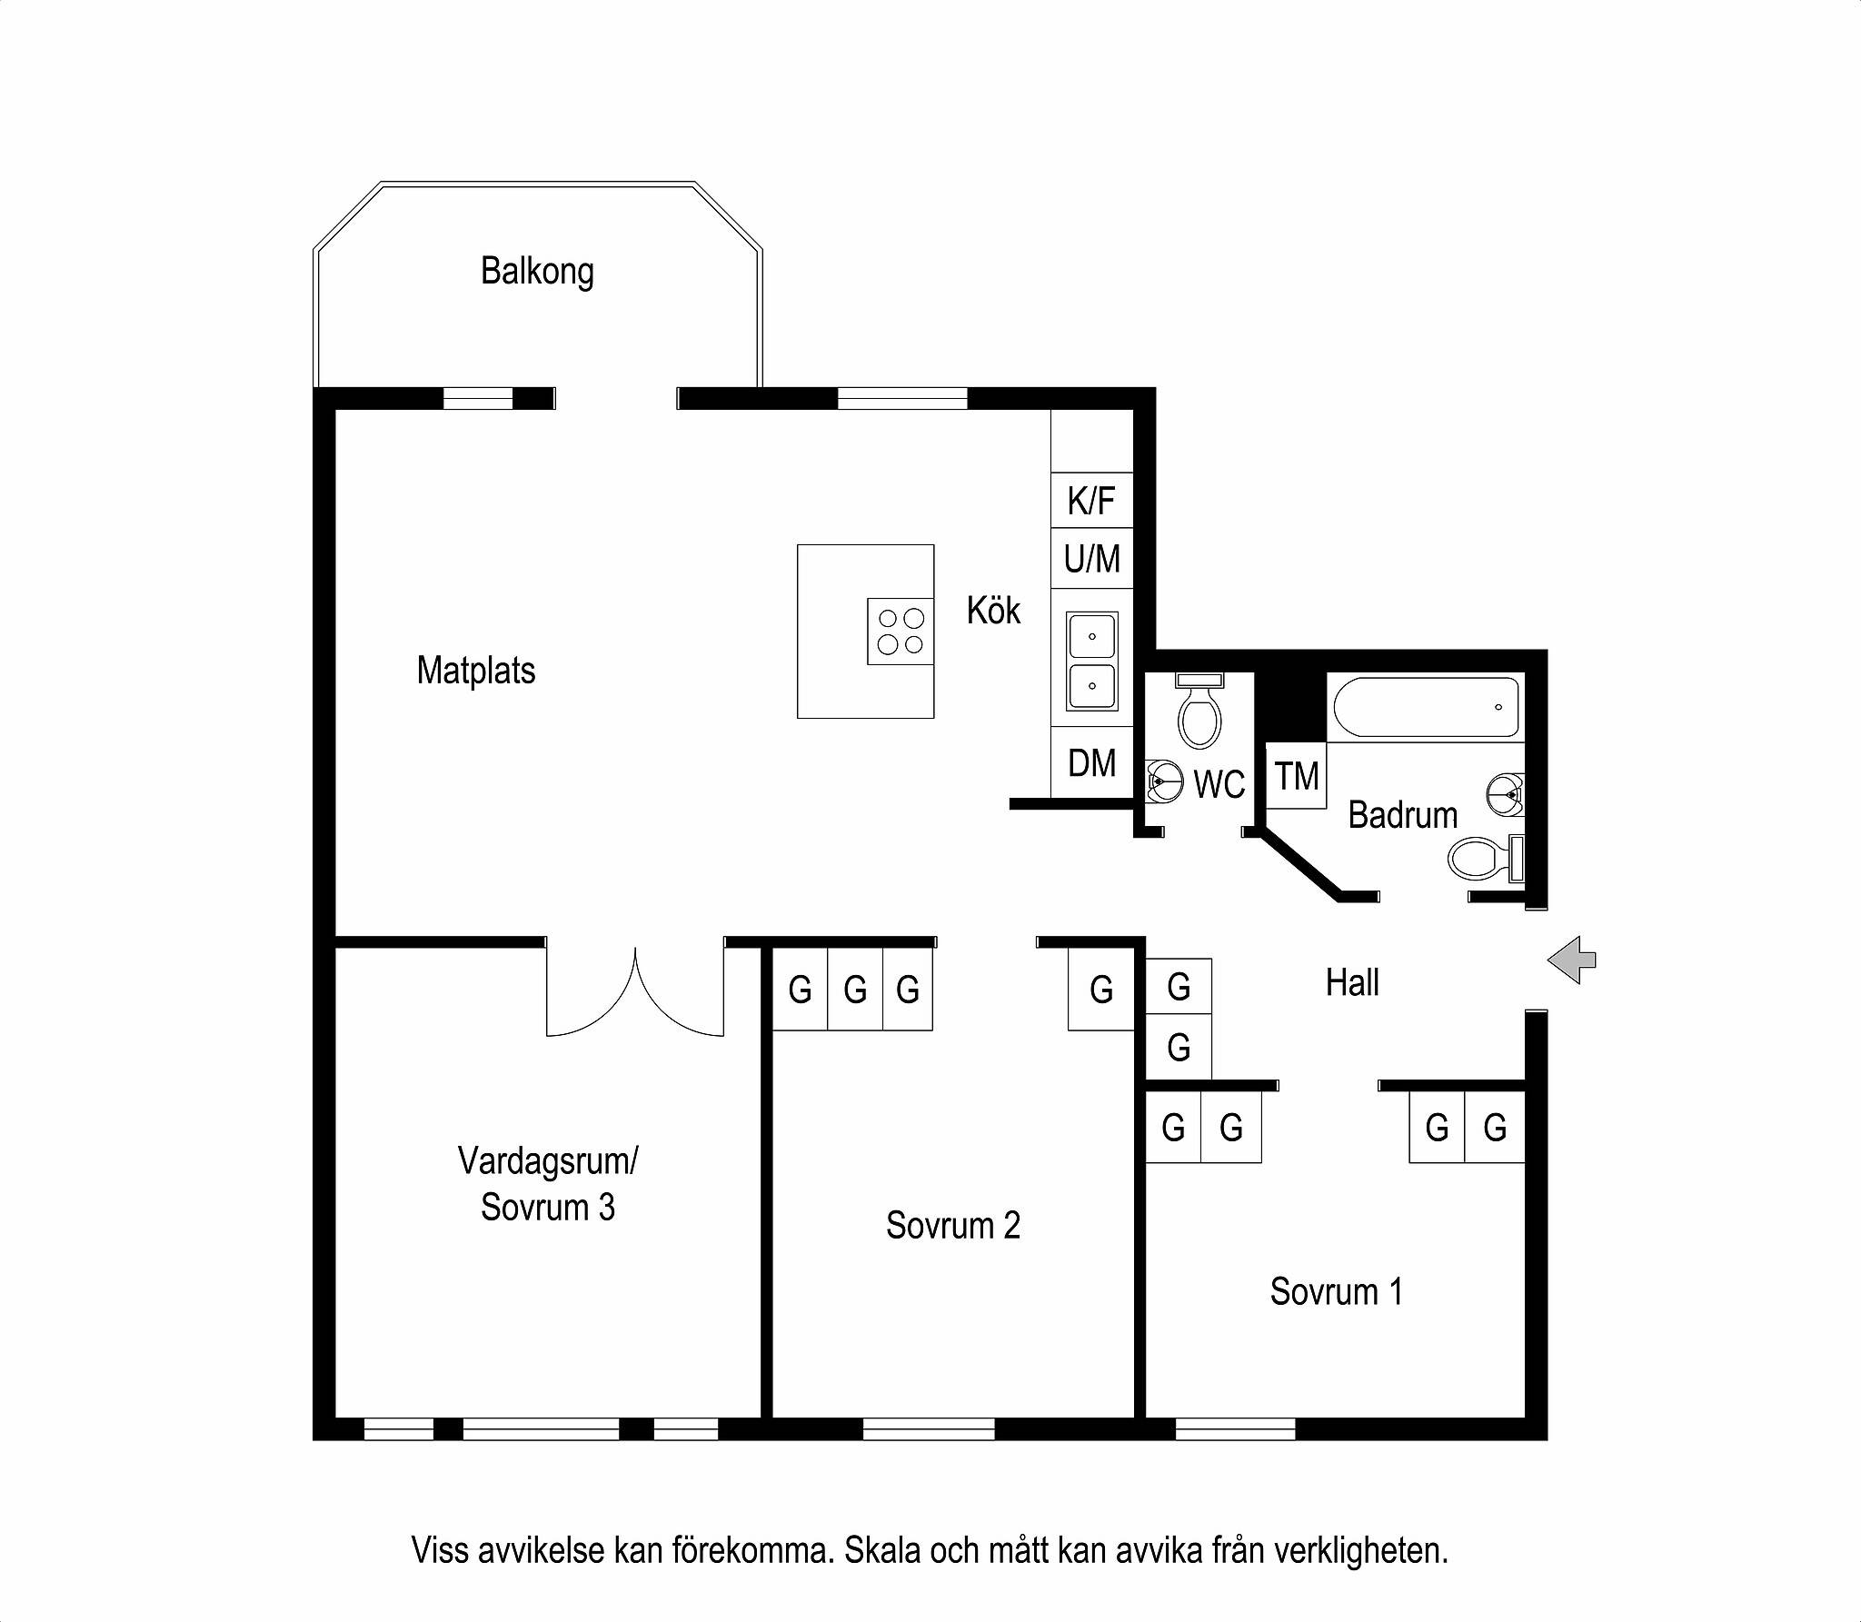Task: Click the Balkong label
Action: (537, 272)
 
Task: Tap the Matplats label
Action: (476, 671)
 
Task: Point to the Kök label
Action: (993, 610)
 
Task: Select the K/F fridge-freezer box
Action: (1092, 500)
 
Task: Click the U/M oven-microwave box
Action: (1092, 558)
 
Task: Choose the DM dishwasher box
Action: (1092, 762)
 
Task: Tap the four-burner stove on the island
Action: (901, 632)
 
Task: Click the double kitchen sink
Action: (1092, 662)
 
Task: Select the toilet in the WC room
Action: (1199, 710)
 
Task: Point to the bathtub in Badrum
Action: (1425, 707)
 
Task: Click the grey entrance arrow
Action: (1571, 960)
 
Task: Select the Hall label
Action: (1352, 982)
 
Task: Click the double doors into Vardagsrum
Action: (635, 991)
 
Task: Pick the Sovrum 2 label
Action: (953, 1225)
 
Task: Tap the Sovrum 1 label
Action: (1337, 1291)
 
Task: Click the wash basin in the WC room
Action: (1162, 781)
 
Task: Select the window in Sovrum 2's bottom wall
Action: (929, 1429)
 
